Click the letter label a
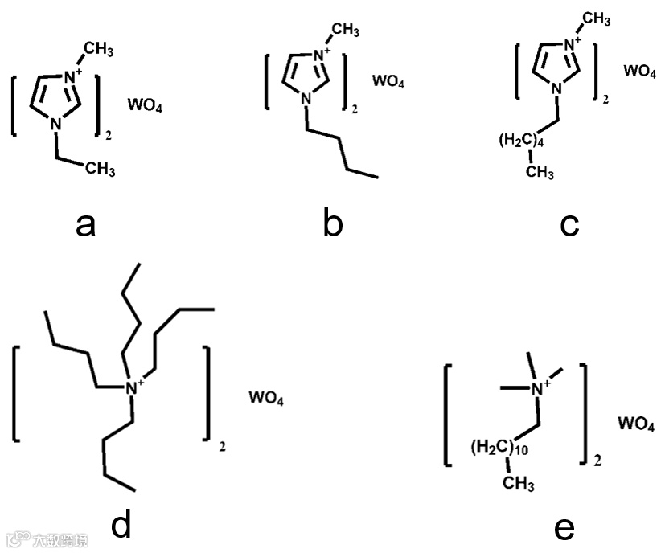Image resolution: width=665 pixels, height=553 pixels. coord(85,226)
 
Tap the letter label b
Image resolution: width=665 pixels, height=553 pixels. coord(332,225)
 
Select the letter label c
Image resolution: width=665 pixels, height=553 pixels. coord(570,225)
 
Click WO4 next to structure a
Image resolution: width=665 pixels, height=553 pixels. coord(145,104)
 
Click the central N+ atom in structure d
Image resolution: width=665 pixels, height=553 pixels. coord(133,388)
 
